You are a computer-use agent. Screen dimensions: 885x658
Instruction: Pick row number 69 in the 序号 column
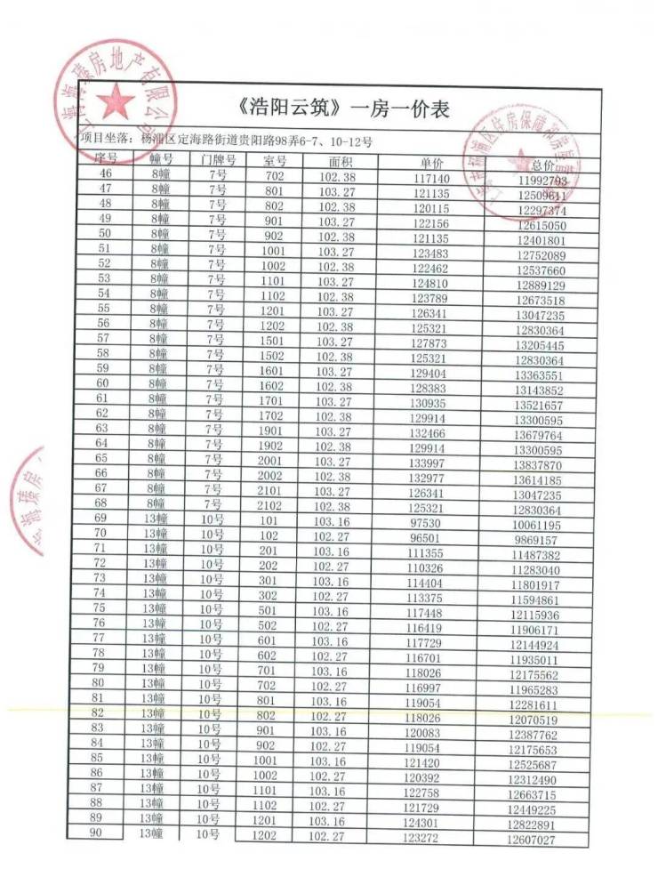pyautogui.click(x=100, y=518)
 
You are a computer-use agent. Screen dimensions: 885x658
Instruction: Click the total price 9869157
pyautogui.click(x=536, y=540)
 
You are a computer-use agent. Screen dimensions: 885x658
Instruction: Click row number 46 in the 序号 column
pyautogui.click(x=108, y=173)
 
